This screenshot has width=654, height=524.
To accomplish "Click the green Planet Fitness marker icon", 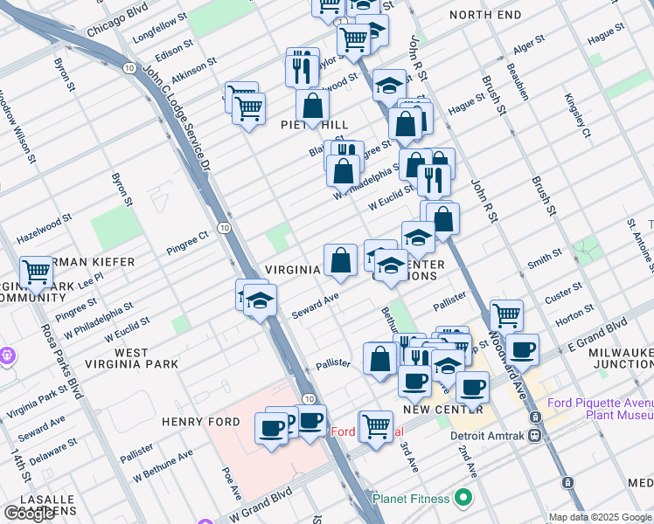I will (464, 499).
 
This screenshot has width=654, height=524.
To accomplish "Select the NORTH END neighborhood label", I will (485, 15).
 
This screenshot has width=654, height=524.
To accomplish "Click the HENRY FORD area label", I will (194, 422).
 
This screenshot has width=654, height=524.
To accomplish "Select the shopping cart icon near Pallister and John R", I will (506, 314).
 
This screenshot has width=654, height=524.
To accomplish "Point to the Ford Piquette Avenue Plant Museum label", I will (600, 410).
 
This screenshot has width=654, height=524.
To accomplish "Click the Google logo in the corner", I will (29, 513).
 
